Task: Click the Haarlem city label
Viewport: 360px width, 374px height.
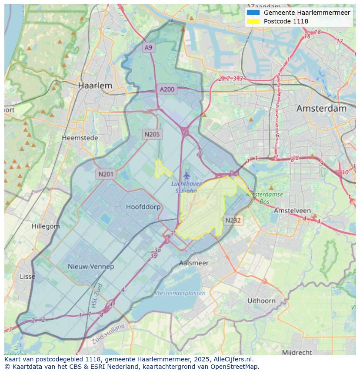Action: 95,86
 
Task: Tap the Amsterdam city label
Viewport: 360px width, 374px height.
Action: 321,109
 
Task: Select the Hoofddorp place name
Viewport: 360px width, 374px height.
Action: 143,207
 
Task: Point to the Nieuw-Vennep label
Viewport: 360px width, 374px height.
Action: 91,267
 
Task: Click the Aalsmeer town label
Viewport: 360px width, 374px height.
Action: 194,263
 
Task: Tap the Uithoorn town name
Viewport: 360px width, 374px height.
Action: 261,301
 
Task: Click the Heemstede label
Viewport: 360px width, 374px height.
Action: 80,138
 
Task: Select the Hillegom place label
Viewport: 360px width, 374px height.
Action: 46,226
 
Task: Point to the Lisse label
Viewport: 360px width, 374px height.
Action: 28,277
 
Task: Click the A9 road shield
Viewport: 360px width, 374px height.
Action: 149,47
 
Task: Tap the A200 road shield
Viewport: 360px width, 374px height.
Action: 167,89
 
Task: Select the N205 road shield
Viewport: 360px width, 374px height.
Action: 152,134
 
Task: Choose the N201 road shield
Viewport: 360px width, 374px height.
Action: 106,174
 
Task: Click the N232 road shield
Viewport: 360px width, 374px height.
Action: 233,220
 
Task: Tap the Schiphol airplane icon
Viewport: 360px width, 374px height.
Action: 187,175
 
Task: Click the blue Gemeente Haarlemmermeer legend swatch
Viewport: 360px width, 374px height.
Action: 253,13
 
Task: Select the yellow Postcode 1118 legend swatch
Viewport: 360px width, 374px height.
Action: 253,21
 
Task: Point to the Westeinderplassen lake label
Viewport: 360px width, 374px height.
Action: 180,293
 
